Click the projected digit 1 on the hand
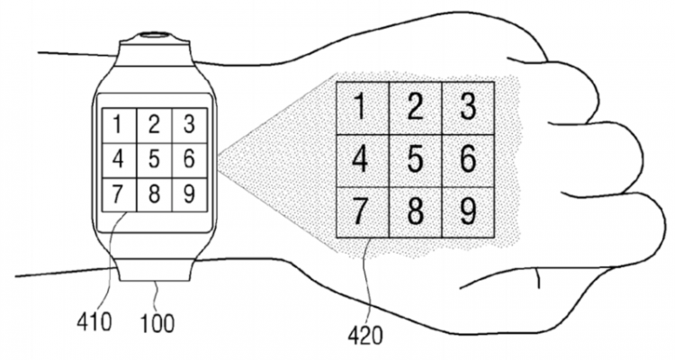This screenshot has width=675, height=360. [x=360, y=107]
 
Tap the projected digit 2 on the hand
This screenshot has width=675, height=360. [x=414, y=107]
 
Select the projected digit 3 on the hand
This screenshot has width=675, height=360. [x=467, y=107]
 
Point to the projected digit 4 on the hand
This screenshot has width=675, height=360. [x=360, y=160]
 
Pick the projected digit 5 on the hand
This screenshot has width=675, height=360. [x=414, y=160]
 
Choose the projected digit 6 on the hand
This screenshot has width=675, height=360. [x=467, y=160]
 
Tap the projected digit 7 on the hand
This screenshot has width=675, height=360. [x=360, y=212]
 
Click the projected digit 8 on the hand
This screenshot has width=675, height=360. [x=414, y=212]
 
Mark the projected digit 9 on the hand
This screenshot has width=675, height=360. [x=467, y=212]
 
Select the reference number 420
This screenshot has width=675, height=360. [x=364, y=335]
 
